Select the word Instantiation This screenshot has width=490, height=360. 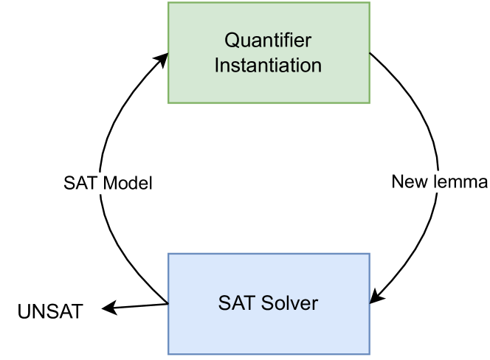point(268,65)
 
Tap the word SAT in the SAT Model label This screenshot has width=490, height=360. point(80,184)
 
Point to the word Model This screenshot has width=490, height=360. point(126,184)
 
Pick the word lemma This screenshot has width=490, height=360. point(462,182)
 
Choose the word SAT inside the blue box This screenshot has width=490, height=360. point(234,302)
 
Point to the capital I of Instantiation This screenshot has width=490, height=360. point(217,65)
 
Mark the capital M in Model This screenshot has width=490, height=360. point(109,184)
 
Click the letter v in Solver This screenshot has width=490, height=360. point(294,303)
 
